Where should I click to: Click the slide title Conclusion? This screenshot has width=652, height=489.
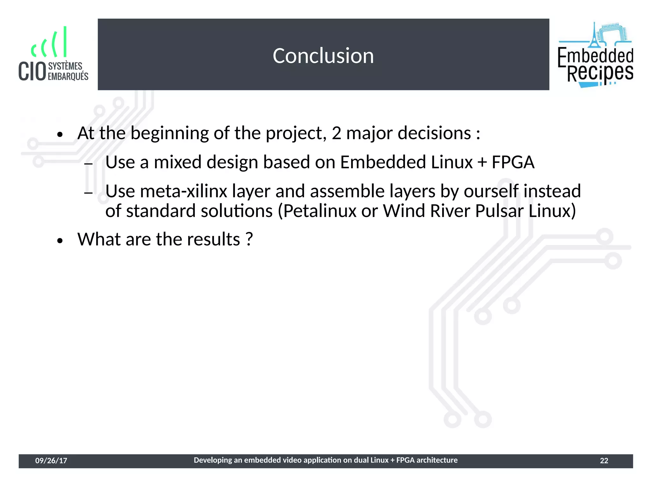click(x=323, y=56)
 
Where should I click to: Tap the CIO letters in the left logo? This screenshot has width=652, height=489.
click(x=32, y=71)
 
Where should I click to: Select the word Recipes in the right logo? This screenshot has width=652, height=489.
click(x=600, y=73)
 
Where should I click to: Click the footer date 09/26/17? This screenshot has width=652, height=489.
click(x=51, y=461)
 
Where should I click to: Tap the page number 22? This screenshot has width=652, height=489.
click(x=604, y=461)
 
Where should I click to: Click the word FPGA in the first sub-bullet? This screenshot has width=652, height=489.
click(x=513, y=162)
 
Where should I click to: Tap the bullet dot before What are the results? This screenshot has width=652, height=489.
click(x=60, y=241)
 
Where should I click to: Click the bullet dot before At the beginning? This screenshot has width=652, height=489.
click(x=60, y=135)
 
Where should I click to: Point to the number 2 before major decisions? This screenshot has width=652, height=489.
click(x=336, y=133)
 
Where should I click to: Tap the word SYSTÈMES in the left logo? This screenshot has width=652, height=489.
click(x=65, y=66)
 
